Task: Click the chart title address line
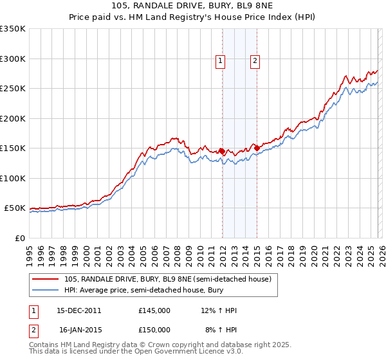click(192, 5)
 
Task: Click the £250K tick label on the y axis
click(13, 89)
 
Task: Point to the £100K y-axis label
click(13, 179)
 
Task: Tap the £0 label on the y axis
click(19, 239)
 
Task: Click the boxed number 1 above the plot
click(221, 61)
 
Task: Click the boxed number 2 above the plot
click(255, 61)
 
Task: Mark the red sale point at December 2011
click(222, 151)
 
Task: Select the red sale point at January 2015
click(257, 148)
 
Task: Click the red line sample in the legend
click(46, 280)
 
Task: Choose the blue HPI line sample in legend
click(46, 291)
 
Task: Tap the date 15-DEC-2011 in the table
click(79, 311)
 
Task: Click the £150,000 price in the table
click(154, 330)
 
